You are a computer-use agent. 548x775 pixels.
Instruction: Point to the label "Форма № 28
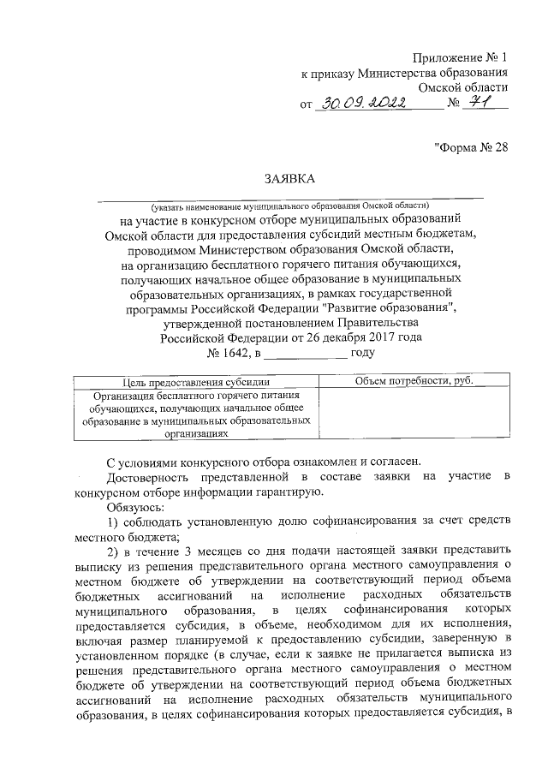[471, 146]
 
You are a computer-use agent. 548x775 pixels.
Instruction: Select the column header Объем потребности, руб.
[402, 381]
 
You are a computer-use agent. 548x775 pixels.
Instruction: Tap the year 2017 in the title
[366, 337]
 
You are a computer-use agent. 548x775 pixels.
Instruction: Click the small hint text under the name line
[290, 206]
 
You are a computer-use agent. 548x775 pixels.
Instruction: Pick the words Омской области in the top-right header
[463, 87]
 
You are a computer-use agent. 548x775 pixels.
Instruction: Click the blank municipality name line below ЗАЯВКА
[290, 196]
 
